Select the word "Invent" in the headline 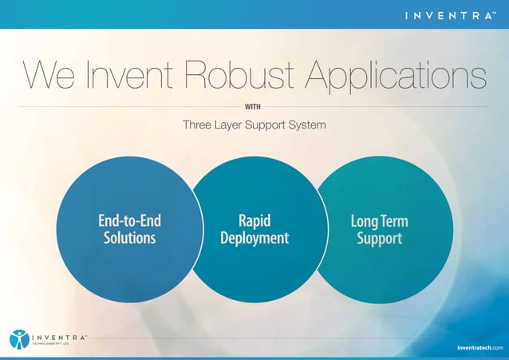130,77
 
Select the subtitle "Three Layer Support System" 254,125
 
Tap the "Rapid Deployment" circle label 254,229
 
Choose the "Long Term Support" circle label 379,229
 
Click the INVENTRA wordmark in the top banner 449,14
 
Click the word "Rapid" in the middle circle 254,220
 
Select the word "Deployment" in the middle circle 254,238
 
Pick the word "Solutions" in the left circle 129,238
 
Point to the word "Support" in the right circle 379,238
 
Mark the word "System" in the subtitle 306,125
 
